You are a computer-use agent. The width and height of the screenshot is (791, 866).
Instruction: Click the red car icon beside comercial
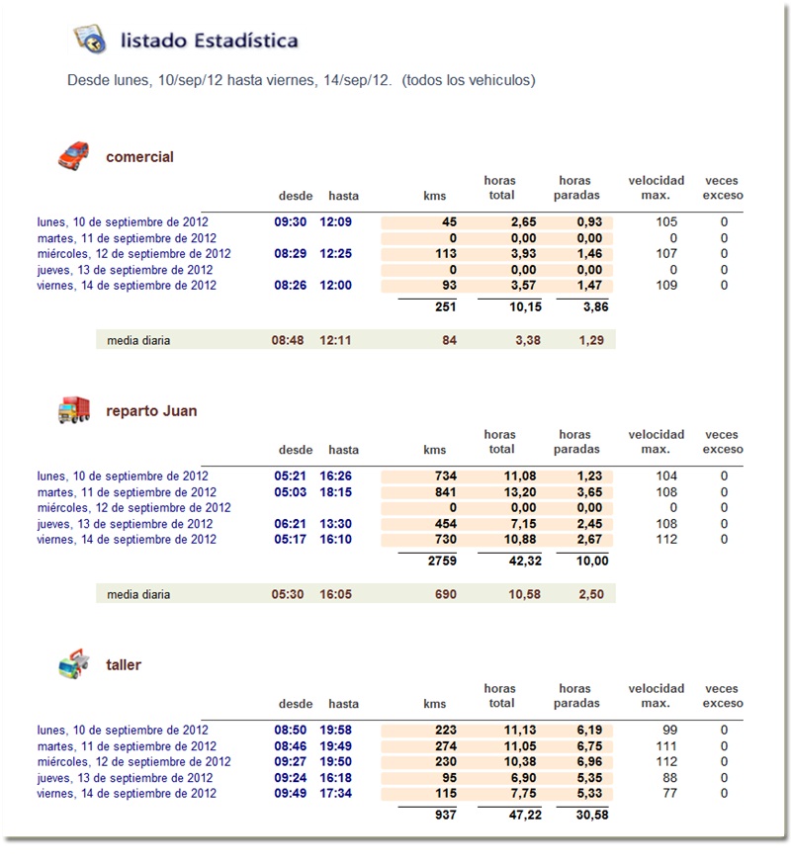pos(73,155)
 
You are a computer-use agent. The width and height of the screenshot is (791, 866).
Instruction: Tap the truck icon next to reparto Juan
pos(74,410)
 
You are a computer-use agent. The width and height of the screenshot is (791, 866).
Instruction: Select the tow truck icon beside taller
pos(74,663)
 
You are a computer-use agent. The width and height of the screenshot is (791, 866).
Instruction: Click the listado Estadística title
pos(209,41)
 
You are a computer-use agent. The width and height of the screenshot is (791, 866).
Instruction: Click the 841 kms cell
pos(445,492)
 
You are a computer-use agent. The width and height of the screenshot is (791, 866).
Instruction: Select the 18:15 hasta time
pos(336,492)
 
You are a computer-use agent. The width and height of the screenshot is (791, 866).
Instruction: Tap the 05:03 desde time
pos(292,492)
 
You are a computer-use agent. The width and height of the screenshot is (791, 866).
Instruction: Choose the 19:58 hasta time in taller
pos(336,731)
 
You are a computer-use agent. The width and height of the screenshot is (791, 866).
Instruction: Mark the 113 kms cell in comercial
pos(445,254)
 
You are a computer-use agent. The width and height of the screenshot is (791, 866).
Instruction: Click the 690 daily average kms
pos(445,594)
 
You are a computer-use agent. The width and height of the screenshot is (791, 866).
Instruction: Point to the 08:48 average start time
pos(289,340)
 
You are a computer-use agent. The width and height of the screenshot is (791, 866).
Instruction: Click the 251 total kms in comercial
pos(445,306)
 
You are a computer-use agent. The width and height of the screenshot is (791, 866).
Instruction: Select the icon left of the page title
pos(90,40)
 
